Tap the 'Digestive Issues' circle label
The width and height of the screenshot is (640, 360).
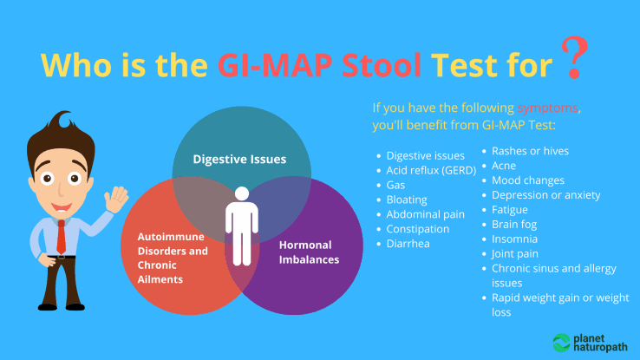(239, 160)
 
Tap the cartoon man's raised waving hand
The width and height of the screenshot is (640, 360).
(114, 200)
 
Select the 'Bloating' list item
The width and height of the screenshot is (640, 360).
(406, 200)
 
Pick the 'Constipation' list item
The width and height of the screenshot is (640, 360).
(418, 229)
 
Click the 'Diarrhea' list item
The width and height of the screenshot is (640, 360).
(409, 244)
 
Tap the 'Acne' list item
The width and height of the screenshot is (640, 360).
(504, 166)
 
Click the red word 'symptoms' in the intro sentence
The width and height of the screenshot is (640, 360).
(547, 108)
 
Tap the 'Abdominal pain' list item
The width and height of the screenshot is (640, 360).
(425, 214)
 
